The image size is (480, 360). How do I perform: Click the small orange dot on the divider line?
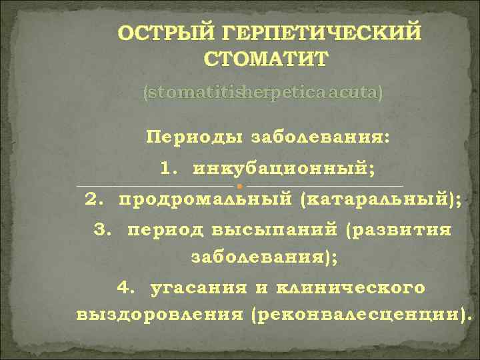point(239,185)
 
